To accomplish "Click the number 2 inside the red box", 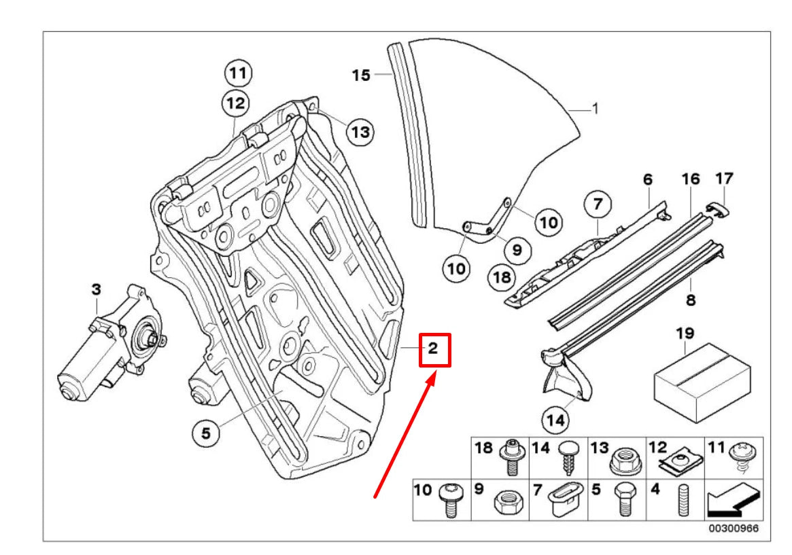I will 433,350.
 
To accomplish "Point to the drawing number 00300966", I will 734,529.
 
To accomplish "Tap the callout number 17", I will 725,179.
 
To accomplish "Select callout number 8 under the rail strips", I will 690,298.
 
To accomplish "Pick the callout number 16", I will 690,179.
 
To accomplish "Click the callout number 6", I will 647,179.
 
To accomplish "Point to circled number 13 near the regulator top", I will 360,131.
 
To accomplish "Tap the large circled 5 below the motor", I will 206,431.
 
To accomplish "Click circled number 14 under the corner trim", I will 555,420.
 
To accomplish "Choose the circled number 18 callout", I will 501,278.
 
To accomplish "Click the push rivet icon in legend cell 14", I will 566,456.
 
